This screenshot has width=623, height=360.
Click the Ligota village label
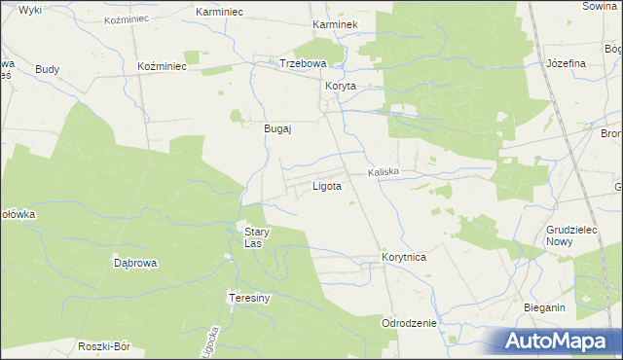coord(326,186)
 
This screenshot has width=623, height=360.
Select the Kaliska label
coord(385,172)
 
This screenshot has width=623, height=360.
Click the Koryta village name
coord(341,86)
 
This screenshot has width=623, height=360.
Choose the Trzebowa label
coord(303,63)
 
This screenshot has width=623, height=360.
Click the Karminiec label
coord(219,11)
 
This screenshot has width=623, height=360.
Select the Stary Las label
coord(256,237)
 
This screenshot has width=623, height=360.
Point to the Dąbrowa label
coord(136,263)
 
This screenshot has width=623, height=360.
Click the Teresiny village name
coord(248,298)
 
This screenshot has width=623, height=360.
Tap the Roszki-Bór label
coord(104,346)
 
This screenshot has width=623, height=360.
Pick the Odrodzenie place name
coord(410,322)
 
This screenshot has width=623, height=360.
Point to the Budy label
coord(47,69)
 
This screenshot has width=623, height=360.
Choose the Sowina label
coord(602,6)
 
